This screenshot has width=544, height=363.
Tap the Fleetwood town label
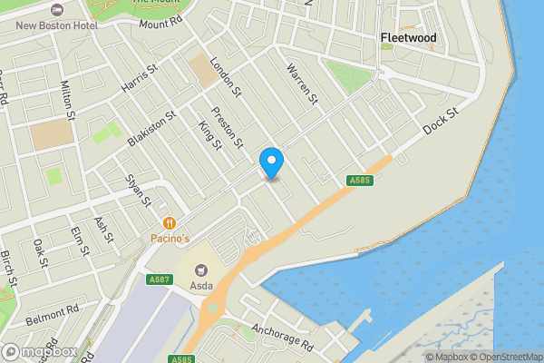(407, 38)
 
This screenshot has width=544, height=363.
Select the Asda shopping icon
(200, 270)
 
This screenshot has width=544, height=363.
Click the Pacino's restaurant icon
(169, 222)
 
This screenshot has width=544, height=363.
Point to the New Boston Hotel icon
(59, 9)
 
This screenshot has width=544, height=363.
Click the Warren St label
(303, 83)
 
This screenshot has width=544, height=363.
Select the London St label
(225, 77)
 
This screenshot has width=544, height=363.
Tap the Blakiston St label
(151, 128)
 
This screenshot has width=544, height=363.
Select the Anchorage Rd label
(283, 336)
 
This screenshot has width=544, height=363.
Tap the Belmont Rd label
(53, 315)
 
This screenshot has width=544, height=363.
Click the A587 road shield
(159, 280)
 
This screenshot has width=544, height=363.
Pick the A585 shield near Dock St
(359, 181)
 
